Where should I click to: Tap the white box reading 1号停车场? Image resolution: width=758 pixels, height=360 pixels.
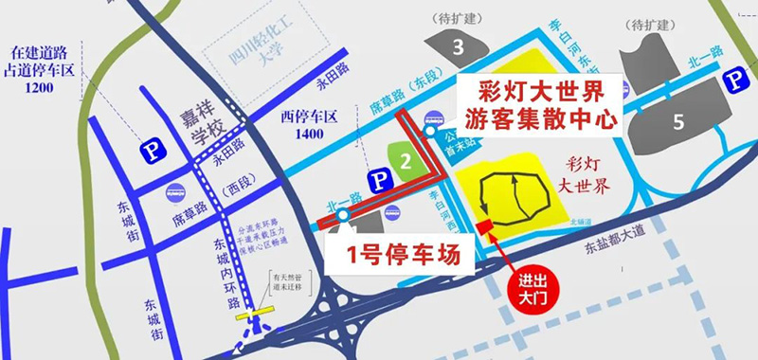coord(396,254)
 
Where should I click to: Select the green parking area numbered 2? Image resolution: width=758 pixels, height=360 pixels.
coord(406,161)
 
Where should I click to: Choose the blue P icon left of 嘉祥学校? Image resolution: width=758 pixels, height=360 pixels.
coord(149,149)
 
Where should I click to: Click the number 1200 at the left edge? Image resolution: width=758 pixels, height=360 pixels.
coord(40,87)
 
